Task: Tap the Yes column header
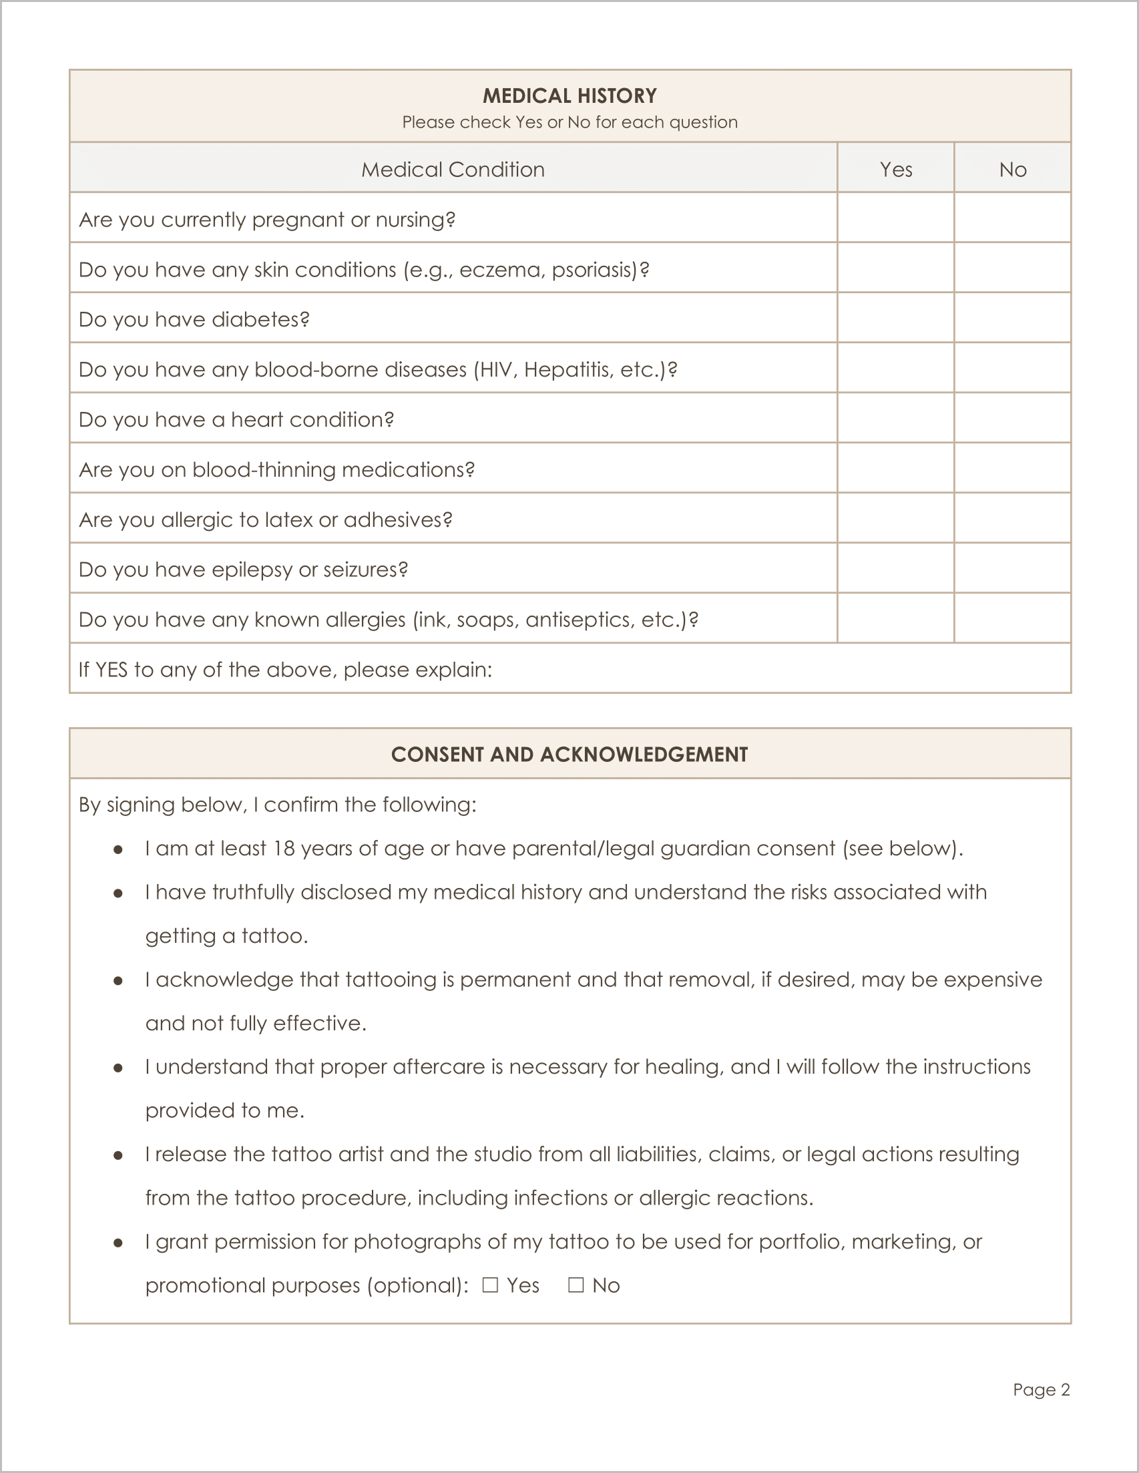(895, 170)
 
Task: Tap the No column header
(1012, 170)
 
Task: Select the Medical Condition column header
(453, 170)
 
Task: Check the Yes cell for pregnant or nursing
(895, 218)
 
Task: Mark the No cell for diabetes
(1012, 318)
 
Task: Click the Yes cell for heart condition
(895, 418)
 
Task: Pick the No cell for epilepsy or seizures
(1012, 568)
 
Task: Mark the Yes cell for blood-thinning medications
(895, 468)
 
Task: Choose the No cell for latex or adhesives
(1012, 518)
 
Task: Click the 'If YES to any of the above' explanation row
(570, 669)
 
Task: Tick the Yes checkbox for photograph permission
(490, 1285)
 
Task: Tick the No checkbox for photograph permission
(576, 1285)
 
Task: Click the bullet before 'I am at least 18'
(118, 849)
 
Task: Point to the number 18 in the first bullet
(284, 849)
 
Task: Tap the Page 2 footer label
(1041, 1390)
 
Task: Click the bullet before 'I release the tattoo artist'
(118, 1155)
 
